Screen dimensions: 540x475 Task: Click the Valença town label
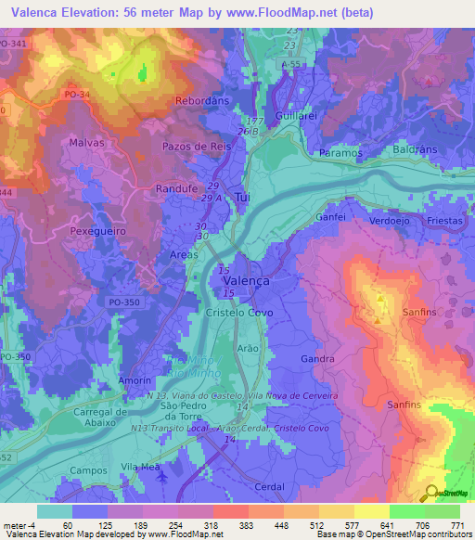pos(246,281)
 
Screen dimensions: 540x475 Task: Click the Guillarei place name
pos(299,116)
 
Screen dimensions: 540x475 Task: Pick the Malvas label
pos(86,143)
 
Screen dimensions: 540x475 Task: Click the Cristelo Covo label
pos(238,314)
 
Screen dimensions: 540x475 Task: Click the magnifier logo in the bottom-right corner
pos(431,492)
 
